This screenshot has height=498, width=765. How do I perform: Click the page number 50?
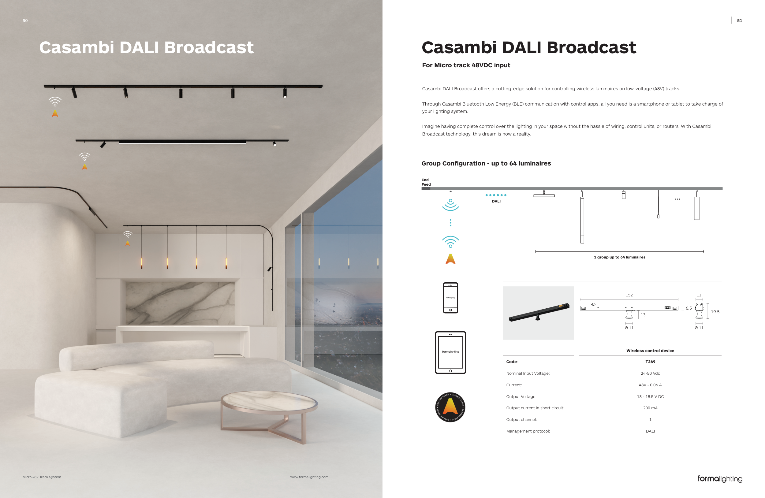coord(25,20)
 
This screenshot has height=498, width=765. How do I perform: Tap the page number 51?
coord(739,20)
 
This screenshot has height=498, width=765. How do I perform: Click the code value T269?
coord(650,362)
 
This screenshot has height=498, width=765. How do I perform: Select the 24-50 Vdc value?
coord(650,373)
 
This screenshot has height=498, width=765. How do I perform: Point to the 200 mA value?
coord(650,408)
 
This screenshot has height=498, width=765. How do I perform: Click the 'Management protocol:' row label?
coord(528,431)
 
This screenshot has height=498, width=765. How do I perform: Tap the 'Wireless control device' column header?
coord(650,351)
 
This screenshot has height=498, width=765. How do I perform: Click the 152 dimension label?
coord(629,295)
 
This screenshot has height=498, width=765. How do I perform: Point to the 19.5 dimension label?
coord(715,312)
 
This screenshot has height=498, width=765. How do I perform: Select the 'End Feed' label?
coord(426,182)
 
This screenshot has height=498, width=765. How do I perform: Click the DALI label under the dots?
coord(496,202)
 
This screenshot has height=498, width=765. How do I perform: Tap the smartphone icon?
coord(450,298)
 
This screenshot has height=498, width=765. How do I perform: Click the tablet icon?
coord(450,352)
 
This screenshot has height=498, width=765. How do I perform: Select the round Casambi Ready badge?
coord(450,407)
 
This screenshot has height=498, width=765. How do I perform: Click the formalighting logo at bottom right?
coord(719,479)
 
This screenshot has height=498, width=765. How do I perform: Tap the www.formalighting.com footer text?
coord(309,477)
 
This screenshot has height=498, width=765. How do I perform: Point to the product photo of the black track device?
coord(538,313)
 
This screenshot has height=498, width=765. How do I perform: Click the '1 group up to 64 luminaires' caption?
coord(619,257)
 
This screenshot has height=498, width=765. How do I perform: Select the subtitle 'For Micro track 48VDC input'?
coord(466,65)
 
